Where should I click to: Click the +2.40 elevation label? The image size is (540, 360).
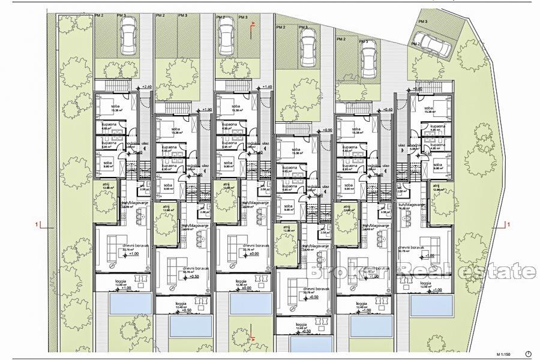coord(147,87)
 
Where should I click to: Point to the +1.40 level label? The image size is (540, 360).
coord(268,87)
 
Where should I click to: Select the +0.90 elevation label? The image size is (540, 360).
coord(327,130)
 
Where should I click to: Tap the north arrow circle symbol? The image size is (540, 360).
coord(528,352)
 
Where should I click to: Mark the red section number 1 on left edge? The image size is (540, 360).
coord(38,224)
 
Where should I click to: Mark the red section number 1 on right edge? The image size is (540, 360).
coord(508,224)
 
